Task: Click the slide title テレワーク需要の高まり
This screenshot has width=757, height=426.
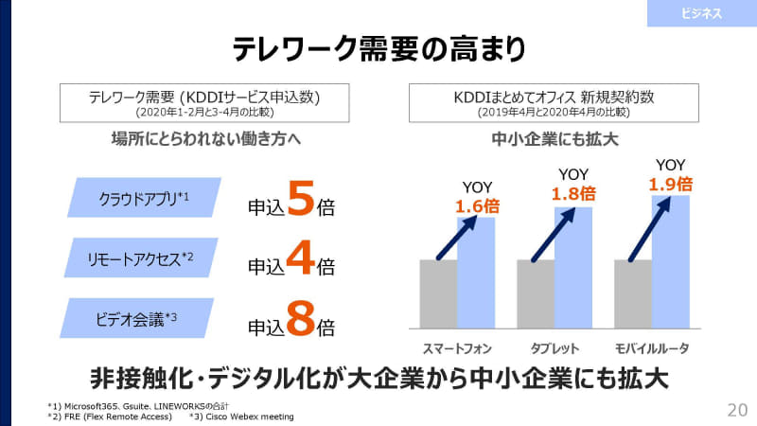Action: pos(378,47)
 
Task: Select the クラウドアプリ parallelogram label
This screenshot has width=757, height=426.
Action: pos(145,198)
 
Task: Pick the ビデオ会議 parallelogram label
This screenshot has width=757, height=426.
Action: pos(145,318)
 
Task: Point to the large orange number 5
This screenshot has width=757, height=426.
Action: pos(300,202)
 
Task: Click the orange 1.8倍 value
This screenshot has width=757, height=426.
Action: pos(573,193)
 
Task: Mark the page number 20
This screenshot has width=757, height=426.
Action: pos(737,409)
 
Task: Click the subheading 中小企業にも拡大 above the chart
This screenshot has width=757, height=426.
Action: pos(555,139)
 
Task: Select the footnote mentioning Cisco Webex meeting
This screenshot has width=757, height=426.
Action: pos(242,416)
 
